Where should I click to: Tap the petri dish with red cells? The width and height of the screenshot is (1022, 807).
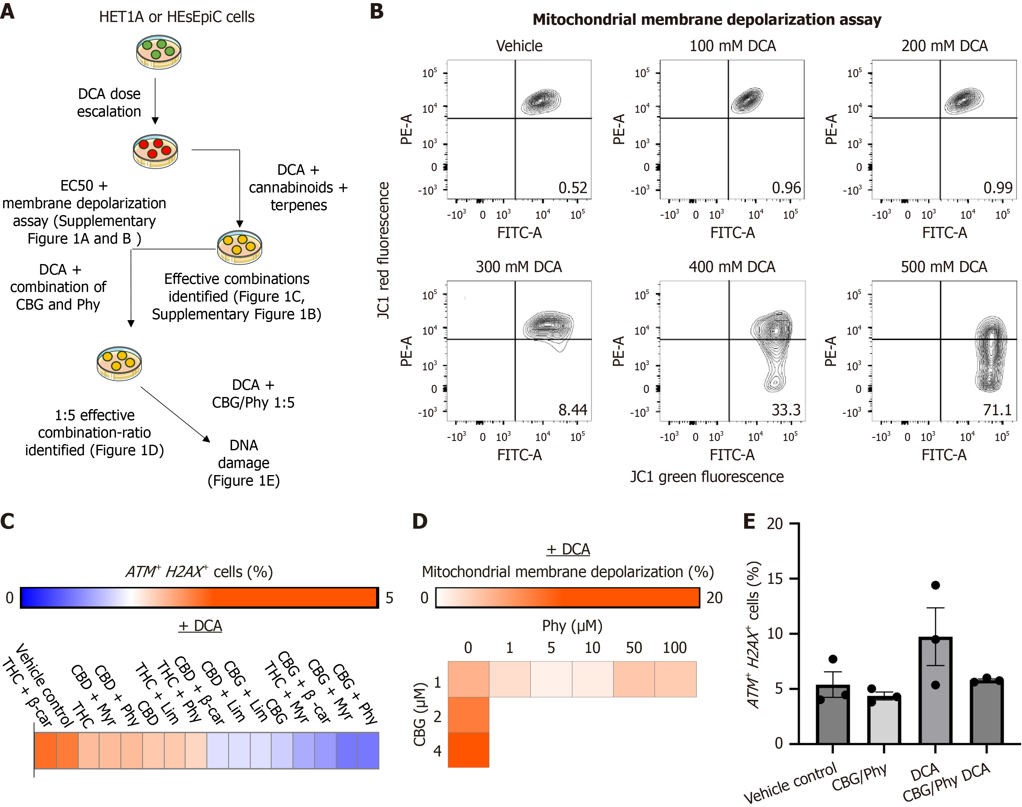click(x=156, y=151)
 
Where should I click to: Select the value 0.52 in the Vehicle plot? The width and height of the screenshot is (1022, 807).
click(x=572, y=188)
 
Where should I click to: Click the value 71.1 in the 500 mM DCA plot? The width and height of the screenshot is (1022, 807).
click(x=997, y=410)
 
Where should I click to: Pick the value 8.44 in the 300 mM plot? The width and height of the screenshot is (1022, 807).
click(x=572, y=410)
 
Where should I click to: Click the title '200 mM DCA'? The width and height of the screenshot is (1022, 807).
click(x=944, y=46)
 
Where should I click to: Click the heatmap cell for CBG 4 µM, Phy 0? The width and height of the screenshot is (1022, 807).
click(x=468, y=750)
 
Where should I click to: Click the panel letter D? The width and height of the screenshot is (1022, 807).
click(x=419, y=521)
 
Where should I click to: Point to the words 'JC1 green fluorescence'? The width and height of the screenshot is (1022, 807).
click(x=707, y=477)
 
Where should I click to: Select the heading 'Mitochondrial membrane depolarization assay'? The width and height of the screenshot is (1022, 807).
click(x=707, y=20)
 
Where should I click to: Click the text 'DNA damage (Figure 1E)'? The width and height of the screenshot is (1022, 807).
click(x=244, y=463)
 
